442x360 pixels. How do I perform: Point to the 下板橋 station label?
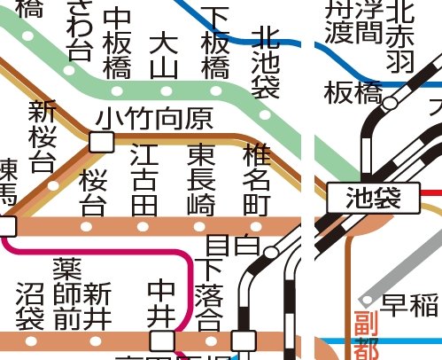(x=215, y=43)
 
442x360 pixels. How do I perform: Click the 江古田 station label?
(x=143, y=180)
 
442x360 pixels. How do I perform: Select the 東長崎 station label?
(x=201, y=180)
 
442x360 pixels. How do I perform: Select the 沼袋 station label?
(x=31, y=307)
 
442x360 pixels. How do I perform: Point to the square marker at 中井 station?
(x=161, y=340)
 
